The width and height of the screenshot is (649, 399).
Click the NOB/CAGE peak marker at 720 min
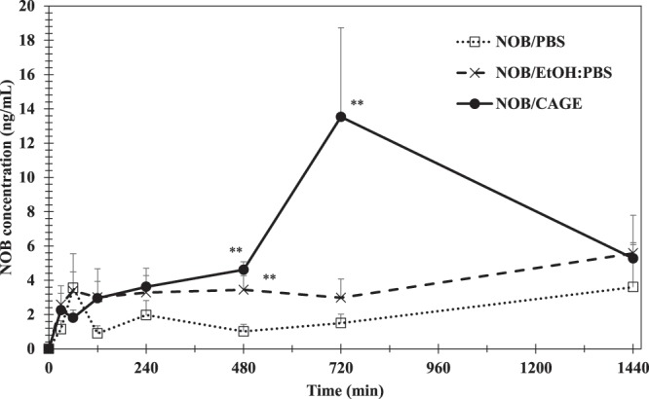pos(341,117)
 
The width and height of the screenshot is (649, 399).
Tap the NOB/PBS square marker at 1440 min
pos(633,287)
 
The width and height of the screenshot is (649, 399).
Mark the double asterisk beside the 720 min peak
pos(358,103)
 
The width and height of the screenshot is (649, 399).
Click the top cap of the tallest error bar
pos(341,28)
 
